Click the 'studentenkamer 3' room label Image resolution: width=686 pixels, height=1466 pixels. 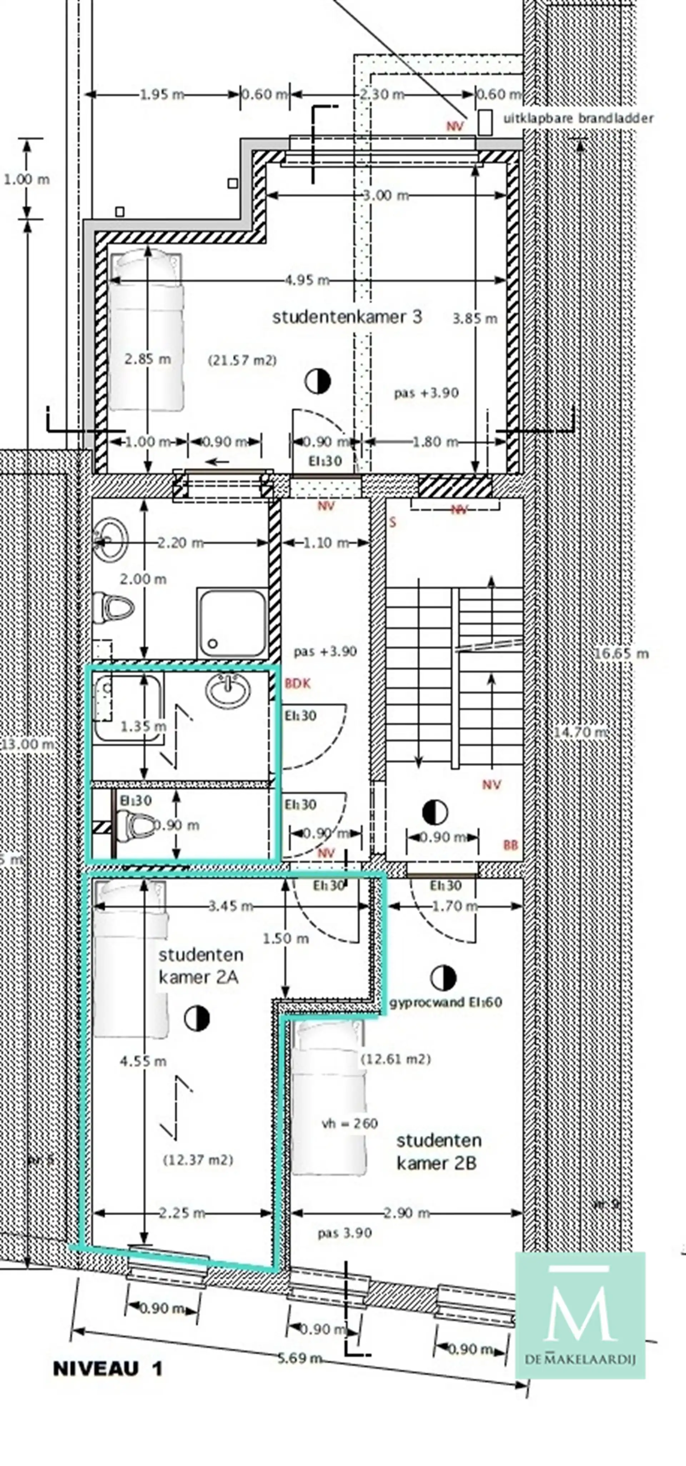[x=347, y=317]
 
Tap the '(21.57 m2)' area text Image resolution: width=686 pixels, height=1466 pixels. [x=243, y=360]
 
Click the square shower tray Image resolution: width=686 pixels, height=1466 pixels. [x=232, y=623]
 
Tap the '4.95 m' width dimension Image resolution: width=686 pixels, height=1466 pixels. [x=307, y=280]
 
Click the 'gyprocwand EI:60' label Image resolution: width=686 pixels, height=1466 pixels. [x=446, y=1002]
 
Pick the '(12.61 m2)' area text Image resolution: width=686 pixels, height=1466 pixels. [x=396, y=1059]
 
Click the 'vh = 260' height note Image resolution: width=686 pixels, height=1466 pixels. [x=349, y=1123]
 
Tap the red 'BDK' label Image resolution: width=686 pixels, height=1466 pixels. [x=298, y=683]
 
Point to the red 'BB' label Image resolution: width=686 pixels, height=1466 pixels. [x=511, y=846]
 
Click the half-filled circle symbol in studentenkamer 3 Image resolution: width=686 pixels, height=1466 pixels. [x=318, y=381]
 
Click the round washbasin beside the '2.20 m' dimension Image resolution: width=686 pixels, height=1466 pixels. [x=111, y=538]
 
